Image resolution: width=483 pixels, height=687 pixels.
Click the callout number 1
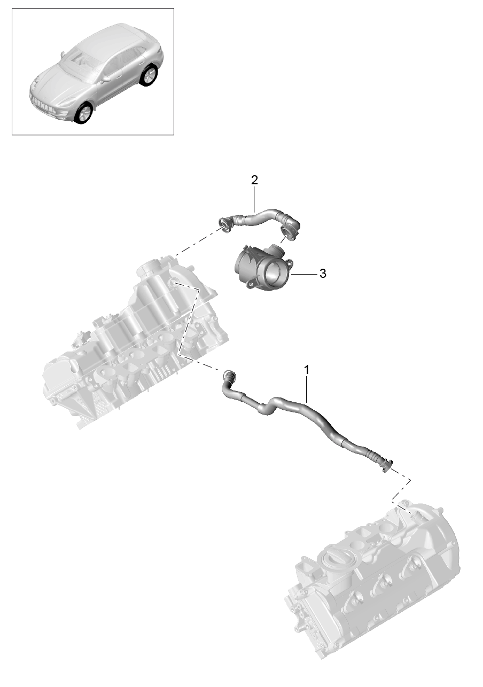[306, 370]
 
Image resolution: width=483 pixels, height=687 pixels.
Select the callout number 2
[254, 180]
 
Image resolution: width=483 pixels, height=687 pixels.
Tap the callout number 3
[323, 274]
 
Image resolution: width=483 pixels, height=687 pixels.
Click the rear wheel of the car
[149, 75]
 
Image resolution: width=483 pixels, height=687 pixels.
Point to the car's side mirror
[105, 80]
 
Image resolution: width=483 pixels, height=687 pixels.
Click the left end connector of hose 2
[226, 227]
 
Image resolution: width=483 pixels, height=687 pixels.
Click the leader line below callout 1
[306, 389]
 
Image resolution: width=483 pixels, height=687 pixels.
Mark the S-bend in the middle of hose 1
[268, 407]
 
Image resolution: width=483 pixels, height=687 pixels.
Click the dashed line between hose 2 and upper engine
[198, 242]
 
